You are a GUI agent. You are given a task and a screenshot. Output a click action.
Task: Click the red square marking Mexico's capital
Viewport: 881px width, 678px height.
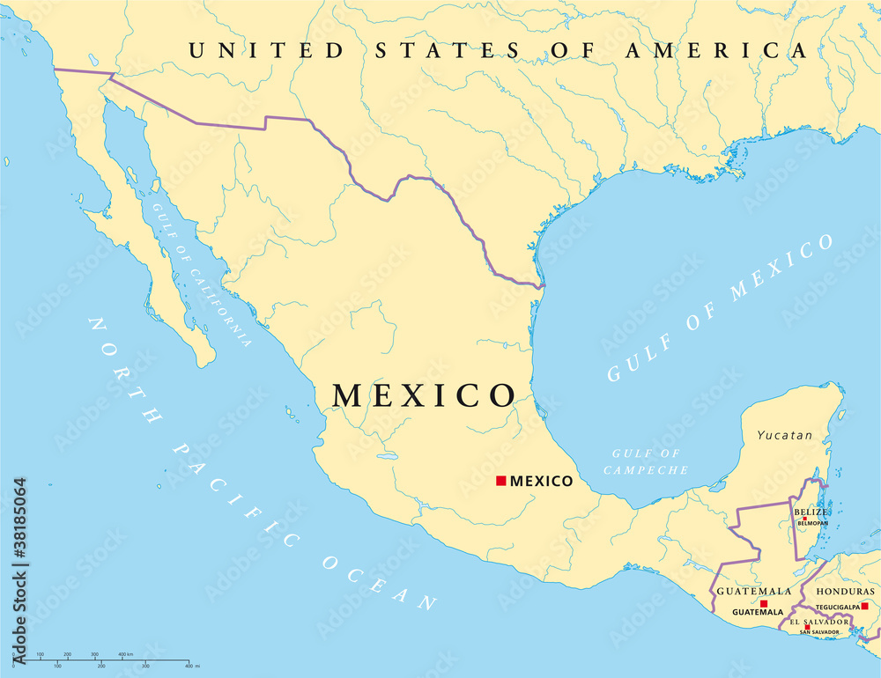click(500, 480)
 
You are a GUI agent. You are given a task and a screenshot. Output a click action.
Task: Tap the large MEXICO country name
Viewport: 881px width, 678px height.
click(424, 395)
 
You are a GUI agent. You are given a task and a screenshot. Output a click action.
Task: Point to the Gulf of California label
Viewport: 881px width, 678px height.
click(201, 273)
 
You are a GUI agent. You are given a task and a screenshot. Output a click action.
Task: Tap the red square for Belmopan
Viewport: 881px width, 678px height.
click(804, 519)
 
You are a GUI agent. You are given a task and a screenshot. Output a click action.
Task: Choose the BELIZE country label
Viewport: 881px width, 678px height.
click(811, 512)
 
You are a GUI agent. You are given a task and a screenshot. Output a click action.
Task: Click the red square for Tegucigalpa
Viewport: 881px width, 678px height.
click(864, 606)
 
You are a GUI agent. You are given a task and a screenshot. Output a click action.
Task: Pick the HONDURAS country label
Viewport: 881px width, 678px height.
click(845, 592)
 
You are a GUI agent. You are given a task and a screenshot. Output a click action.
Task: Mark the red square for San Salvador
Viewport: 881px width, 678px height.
click(807, 627)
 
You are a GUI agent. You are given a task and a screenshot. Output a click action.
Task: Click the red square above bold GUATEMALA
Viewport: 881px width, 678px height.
click(764, 603)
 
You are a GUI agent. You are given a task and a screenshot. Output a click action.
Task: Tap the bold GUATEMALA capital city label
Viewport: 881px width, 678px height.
click(758, 611)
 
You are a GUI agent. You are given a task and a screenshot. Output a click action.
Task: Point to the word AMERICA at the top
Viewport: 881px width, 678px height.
click(716, 51)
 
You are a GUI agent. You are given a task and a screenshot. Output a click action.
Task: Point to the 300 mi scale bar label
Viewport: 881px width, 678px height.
click(144, 667)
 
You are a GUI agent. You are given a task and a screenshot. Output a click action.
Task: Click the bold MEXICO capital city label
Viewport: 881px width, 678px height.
click(541, 481)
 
